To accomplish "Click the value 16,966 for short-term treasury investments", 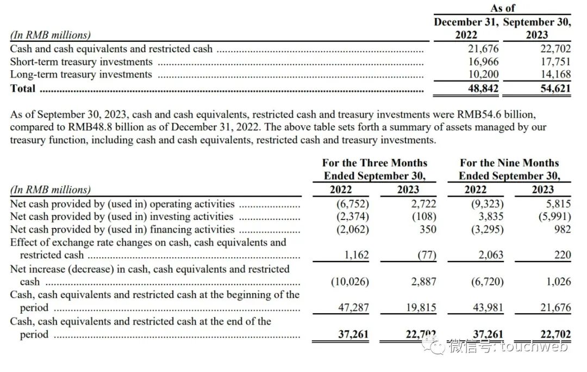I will pyautogui.click(x=483, y=62).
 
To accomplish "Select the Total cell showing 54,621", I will pyautogui.click(x=555, y=89).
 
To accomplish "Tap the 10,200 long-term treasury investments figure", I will pyautogui.click(x=483, y=75).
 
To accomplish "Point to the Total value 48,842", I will pyautogui.click(x=483, y=89).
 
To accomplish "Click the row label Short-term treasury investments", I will pyautogui.click(x=82, y=62).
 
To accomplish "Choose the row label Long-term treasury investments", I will pyautogui.click(x=81, y=75).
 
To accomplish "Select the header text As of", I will pyautogui.click(x=502, y=8).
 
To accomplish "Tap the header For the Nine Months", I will pyautogui.click(x=509, y=163).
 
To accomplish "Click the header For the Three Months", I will pyautogui.click(x=374, y=163).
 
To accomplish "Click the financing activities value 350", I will pyautogui.click(x=428, y=229).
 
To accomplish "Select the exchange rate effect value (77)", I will pyautogui.click(x=426, y=255).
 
